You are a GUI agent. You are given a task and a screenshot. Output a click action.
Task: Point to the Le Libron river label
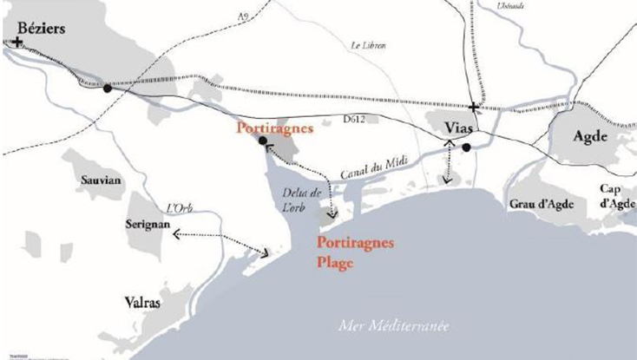click(x=368, y=45)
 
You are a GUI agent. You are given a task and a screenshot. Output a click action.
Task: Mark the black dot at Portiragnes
click(x=262, y=141)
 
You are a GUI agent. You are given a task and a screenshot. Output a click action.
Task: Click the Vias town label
click(x=458, y=128)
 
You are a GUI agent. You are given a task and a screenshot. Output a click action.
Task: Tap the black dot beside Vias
click(x=466, y=147)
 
